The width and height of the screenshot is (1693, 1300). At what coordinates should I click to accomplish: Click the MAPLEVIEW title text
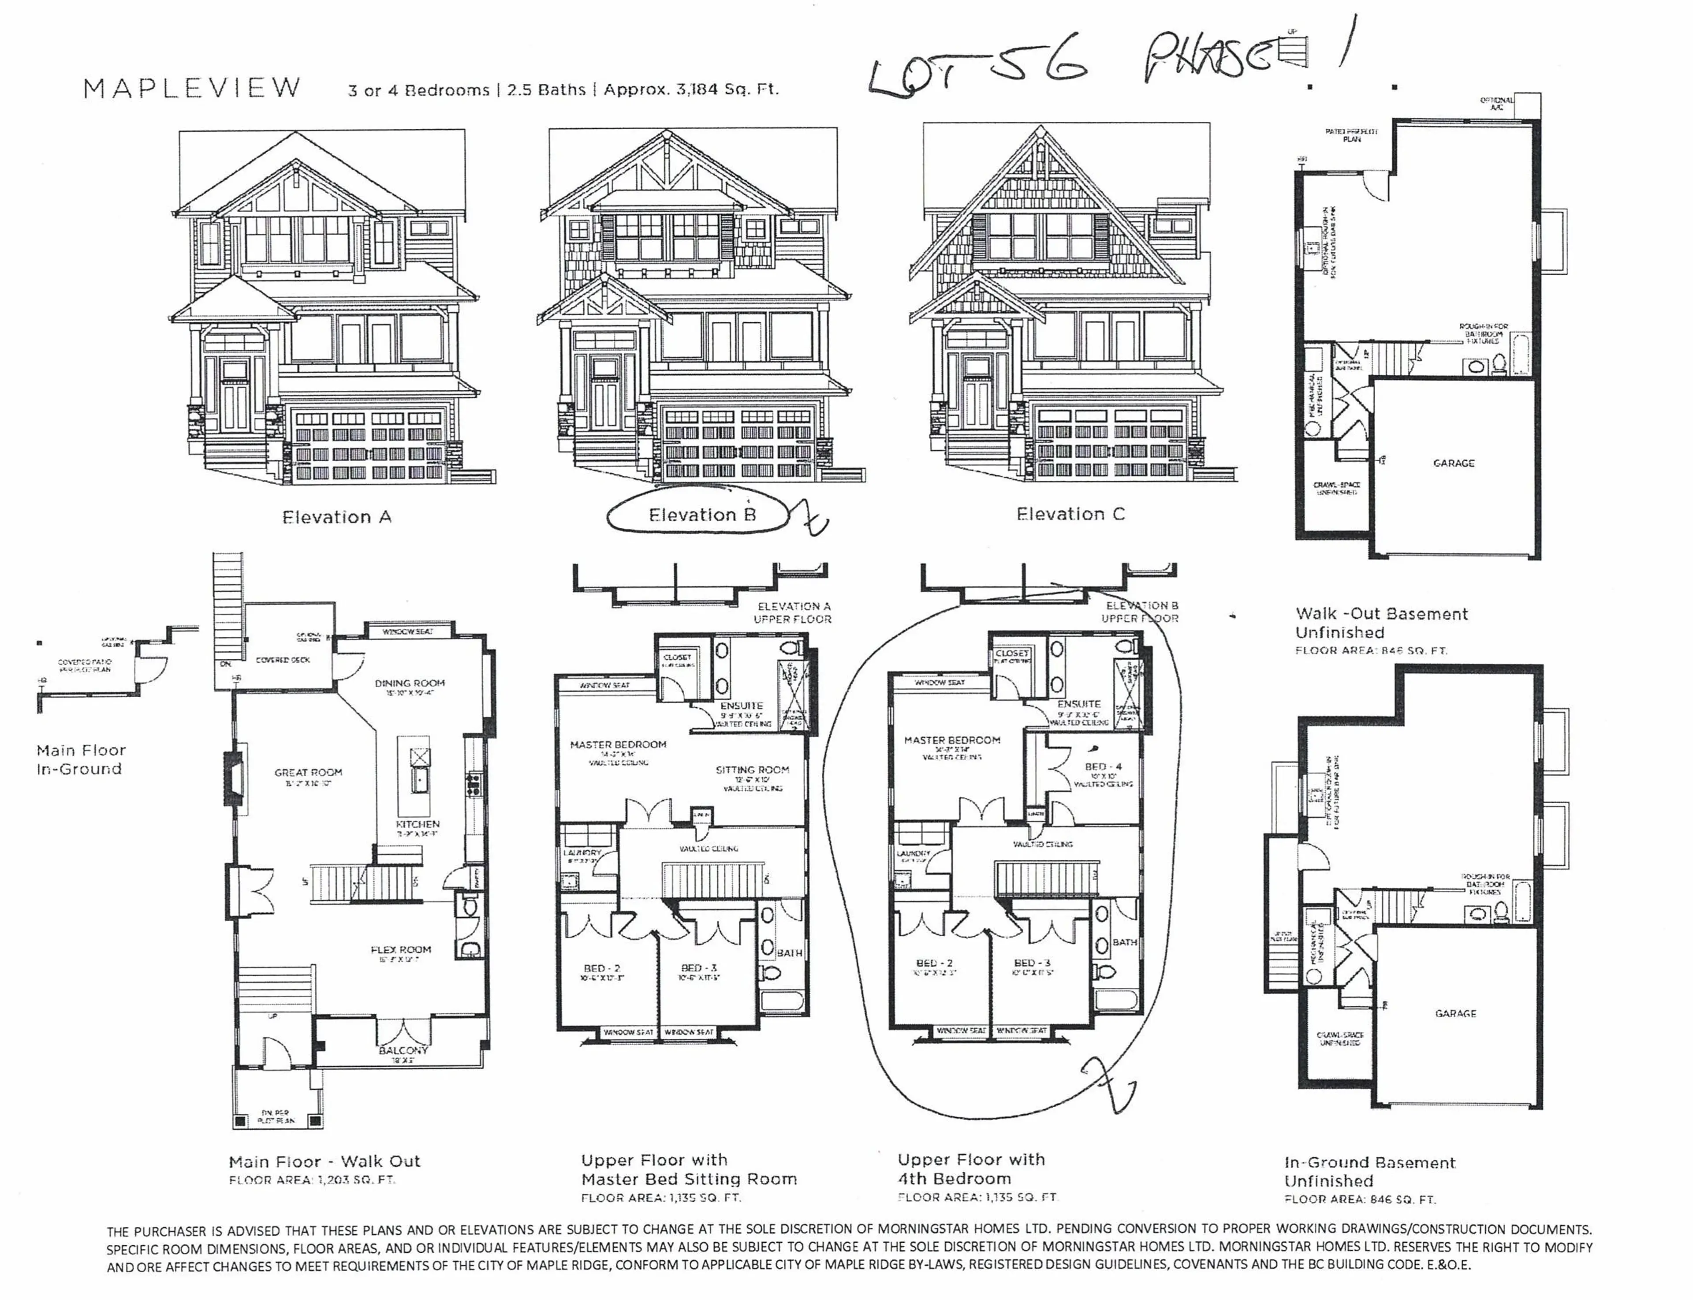(192, 88)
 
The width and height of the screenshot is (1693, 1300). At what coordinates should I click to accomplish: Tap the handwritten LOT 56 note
(979, 74)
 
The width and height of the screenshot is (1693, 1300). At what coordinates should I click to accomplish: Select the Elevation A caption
(336, 517)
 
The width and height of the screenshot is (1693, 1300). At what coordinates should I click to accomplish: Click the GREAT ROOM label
(308, 772)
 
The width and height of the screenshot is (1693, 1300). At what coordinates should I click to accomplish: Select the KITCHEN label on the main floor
(418, 824)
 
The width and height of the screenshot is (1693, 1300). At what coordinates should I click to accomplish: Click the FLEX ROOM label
(401, 949)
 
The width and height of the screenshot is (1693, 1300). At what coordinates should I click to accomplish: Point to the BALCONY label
(403, 1050)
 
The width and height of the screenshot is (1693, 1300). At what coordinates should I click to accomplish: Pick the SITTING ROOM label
(752, 770)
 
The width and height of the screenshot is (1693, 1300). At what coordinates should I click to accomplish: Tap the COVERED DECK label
(283, 660)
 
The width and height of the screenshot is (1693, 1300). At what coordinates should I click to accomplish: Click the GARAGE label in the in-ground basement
(1455, 1013)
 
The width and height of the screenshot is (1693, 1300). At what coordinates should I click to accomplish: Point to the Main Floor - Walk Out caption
(324, 1162)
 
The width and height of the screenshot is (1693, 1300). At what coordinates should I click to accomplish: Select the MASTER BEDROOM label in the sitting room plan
(618, 744)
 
